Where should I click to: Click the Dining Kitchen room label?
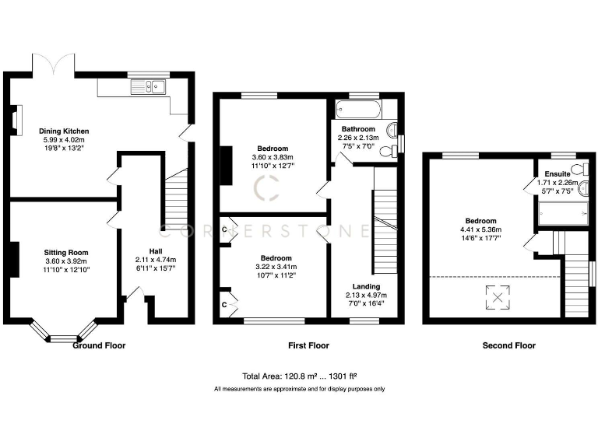click(x=66, y=131)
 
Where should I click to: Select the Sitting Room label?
click(x=65, y=252)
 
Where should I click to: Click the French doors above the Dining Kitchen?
click(x=53, y=64)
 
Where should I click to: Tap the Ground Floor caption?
click(x=99, y=345)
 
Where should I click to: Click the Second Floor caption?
click(x=509, y=345)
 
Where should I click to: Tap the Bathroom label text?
click(x=358, y=129)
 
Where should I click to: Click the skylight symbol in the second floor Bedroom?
click(x=494, y=296)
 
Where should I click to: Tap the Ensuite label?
click(x=558, y=173)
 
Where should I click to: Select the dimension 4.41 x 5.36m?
click(x=479, y=229)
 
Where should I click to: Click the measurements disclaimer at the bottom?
click(x=299, y=389)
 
